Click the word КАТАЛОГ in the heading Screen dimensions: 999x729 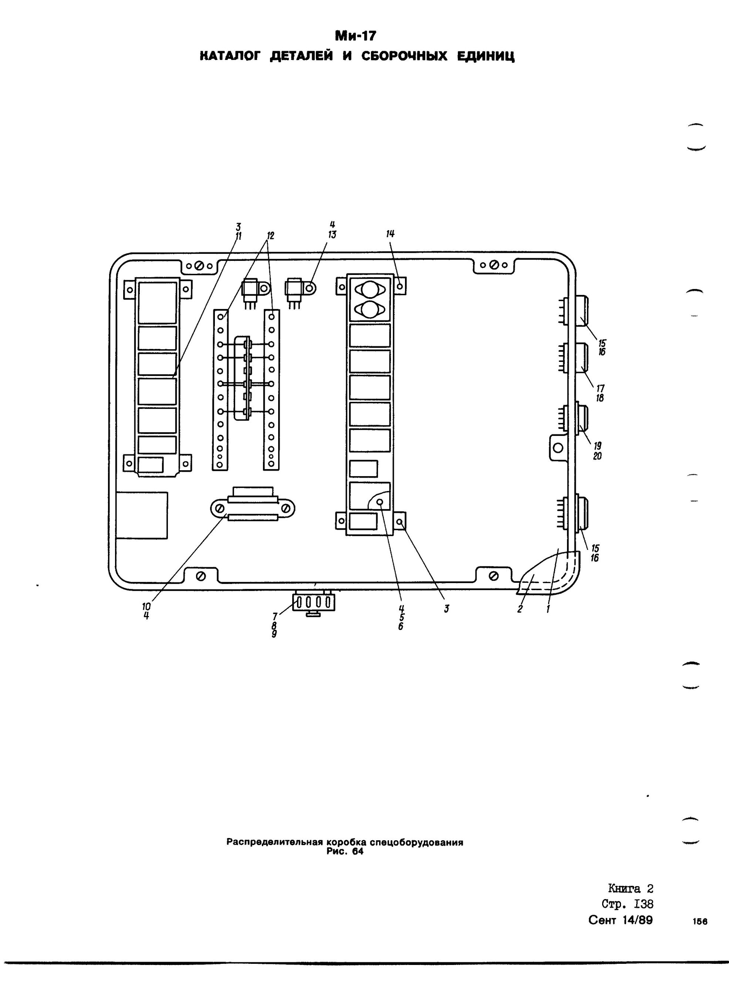coord(229,57)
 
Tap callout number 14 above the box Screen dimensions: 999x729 coord(390,234)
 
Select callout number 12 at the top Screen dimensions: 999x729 coord(270,236)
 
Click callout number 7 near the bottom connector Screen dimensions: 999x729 coord(274,616)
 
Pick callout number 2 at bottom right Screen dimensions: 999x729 coord(520,609)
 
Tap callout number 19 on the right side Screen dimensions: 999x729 coord(598,446)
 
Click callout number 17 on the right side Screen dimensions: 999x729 coord(600,388)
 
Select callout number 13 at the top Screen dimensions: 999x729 coord(332,235)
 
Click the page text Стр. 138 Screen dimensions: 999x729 coord(627,904)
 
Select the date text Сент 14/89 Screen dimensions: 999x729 coord(620,920)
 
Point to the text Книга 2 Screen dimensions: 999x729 coord(631,888)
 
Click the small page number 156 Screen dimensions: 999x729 coord(700,922)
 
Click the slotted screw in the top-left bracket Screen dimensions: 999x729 coord(199,266)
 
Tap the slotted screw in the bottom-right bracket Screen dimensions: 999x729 coord(494,576)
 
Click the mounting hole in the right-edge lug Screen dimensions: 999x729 coord(558,448)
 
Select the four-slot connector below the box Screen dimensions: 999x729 coord(313,602)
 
